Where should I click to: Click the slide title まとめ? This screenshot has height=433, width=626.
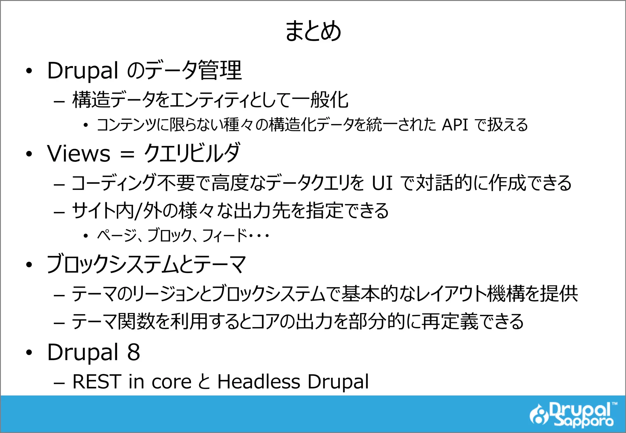(313, 31)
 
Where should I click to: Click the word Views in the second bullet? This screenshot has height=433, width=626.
(79, 153)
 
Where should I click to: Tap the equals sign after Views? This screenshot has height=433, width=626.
(127, 154)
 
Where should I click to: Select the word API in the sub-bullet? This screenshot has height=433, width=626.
(455, 125)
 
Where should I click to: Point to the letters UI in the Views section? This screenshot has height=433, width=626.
(382, 183)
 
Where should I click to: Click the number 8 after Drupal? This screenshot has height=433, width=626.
(133, 352)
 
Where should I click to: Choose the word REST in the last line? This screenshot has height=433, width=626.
(97, 382)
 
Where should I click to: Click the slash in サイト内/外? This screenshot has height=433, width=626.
(138, 211)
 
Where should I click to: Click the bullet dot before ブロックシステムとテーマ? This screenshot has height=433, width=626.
(29, 265)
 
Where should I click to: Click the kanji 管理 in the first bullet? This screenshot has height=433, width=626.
(220, 71)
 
